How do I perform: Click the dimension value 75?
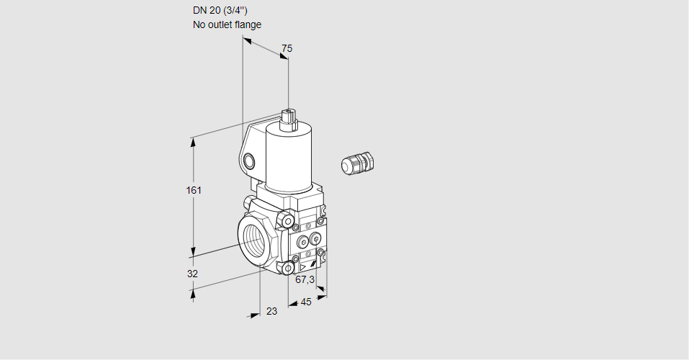pyautogui.click(x=287, y=48)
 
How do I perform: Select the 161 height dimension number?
pyautogui.click(x=194, y=190)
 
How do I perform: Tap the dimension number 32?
pyautogui.click(x=192, y=274)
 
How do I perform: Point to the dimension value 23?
pyautogui.click(x=272, y=311)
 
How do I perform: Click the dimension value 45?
pyautogui.click(x=306, y=302)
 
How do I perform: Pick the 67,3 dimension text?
pyautogui.click(x=305, y=279)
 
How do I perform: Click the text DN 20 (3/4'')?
pyautogui.click(x=220, y=11)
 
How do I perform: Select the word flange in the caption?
pyautogui.click(x=248, y=24)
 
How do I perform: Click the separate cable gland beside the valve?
pyautogui.click(x=358, y=162)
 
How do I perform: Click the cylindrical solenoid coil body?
pyautogui.click(x=289, y=158)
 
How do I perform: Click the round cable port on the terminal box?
pyautogui.click(x=248, y=162)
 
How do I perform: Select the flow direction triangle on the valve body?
pyautogui.click(x=303, y=267)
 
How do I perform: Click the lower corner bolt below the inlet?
pyautogui.click(x=288, y=267)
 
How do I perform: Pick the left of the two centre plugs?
pyautogui.click(x=303, y=241)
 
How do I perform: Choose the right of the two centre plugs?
pyautogui.click(x=315, y=239)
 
